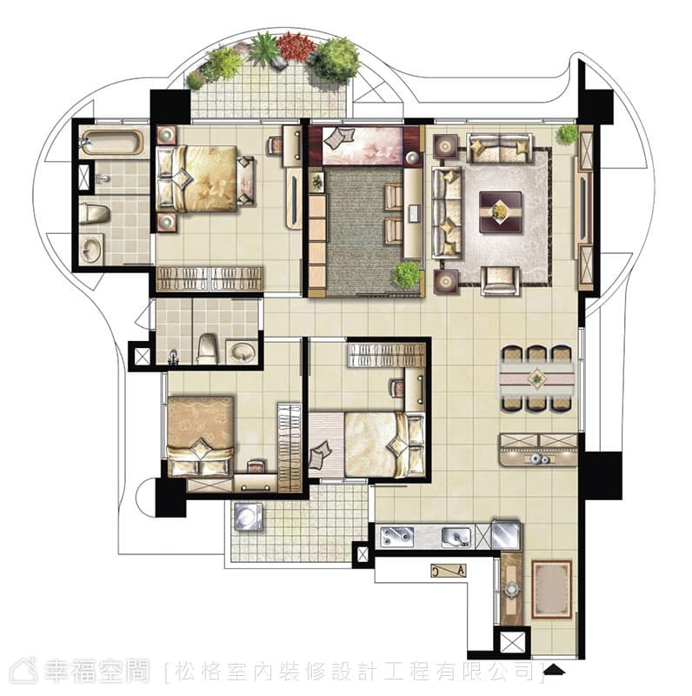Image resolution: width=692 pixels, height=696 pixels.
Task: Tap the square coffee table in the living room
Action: click(x=501, y=211)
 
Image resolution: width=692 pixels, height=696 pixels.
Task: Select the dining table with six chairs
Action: click(x=537, y=379)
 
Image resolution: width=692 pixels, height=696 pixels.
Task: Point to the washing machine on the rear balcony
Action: click(x=248, y=517)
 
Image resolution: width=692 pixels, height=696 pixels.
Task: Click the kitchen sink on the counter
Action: click(x=456, y=537)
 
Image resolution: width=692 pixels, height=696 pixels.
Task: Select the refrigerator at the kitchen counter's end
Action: click(x=506, y=534)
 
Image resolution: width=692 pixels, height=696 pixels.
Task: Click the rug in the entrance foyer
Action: click(x=551, y=590)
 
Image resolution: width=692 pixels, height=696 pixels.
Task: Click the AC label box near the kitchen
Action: click(x=449, y=570)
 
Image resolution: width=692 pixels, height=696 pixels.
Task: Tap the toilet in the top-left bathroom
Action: click(x=95, y=214)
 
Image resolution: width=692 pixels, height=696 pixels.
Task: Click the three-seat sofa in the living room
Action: click(x=447, y=212)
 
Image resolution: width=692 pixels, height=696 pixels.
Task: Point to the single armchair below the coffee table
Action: click(x=500, y=280)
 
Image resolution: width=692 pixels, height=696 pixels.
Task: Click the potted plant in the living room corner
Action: click(x=568, y=134)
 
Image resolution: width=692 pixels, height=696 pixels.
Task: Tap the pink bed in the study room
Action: click(x=363, y=144)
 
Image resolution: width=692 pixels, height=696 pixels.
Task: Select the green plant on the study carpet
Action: click(x=406, y=274)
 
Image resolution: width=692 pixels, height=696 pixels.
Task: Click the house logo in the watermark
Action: click(x=24, y=671)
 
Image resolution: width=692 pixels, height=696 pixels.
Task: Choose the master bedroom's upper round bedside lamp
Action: click(x=166, y=135)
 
